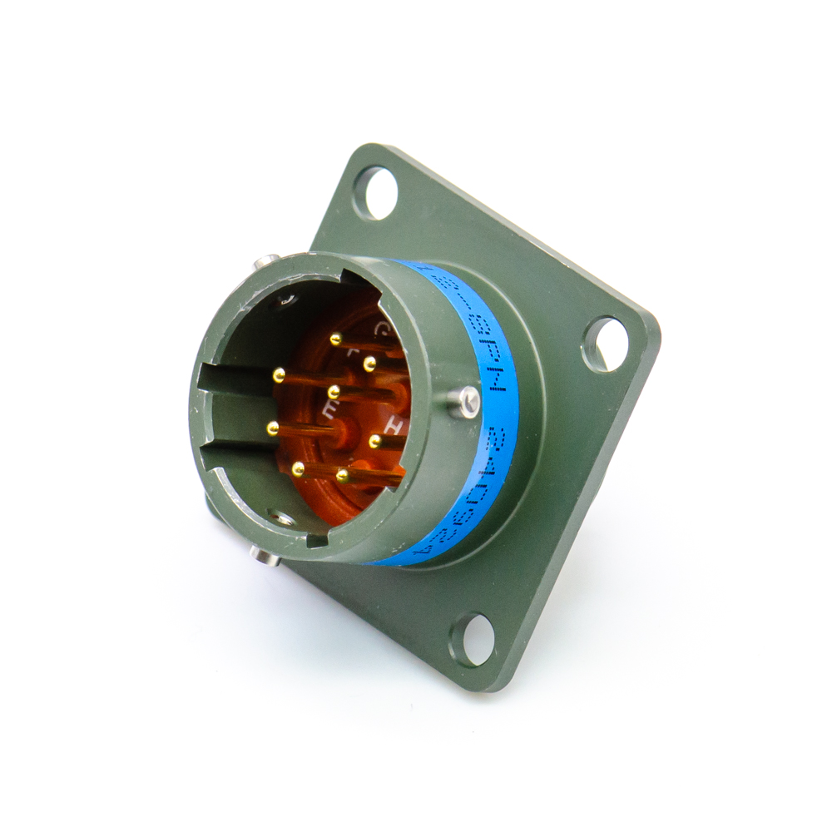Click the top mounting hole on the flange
point(375,192)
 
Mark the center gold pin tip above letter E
point(334,389)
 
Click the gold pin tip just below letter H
point(374,440)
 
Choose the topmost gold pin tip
point(335,339)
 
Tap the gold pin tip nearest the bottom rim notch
point(341,474)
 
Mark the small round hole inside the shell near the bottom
point(284,518)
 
